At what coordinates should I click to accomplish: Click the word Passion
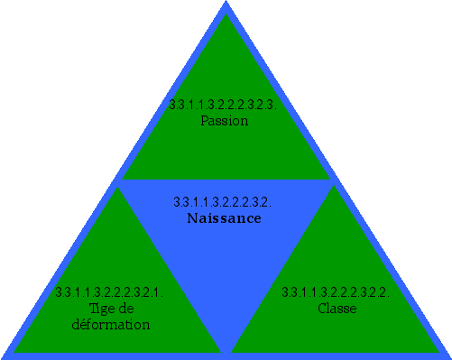[x=225, y=120]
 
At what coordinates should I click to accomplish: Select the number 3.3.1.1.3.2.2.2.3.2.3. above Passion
[x=225, y=105]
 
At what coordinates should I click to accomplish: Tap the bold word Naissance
[x=224, y=218]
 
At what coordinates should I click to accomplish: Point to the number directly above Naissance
[x=222, y=202]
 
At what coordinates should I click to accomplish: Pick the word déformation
[x=110, y=324]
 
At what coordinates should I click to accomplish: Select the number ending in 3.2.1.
[x=108, y=292]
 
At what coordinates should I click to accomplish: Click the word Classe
[x=337, y=308]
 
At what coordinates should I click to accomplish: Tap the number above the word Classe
[x=336, y=292]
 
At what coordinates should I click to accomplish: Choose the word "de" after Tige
[x=123, y=308]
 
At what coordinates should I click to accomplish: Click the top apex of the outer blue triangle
[x=226, y=3]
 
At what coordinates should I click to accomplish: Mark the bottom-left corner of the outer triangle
[x=3, y=357]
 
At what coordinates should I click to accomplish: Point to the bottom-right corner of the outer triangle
[x=449, y=357]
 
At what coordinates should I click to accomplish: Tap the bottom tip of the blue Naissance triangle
[x=226, y=353]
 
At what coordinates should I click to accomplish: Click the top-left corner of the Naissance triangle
[x=119, y=183]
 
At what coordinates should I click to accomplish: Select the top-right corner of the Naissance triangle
[x=333, y=183]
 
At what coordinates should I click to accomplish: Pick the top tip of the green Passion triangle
[x=226, y=15]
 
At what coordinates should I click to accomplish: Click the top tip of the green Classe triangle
[x=336, y=188]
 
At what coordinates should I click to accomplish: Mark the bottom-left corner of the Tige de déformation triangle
[x=14, y=351]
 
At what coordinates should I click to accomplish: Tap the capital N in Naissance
[x=192, y=218]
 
